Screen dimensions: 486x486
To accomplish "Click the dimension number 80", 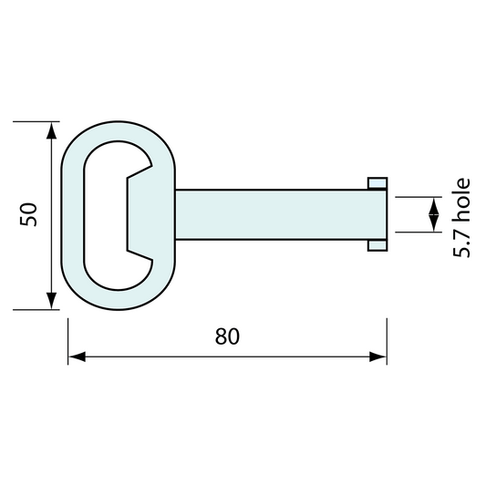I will coord(227,336).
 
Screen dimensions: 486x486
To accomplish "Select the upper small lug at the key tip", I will coord(377,183).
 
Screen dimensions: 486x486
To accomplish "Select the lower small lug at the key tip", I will coord(377,245).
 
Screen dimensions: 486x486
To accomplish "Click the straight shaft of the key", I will coord(274,214).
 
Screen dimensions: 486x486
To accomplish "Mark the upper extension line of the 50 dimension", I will coord(36,120).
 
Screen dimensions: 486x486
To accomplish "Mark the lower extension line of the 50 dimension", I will coord(36,310).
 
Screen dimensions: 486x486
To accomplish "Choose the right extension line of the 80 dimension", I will coord(387,337).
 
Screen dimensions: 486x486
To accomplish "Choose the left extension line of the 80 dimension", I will coord(68,337).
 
